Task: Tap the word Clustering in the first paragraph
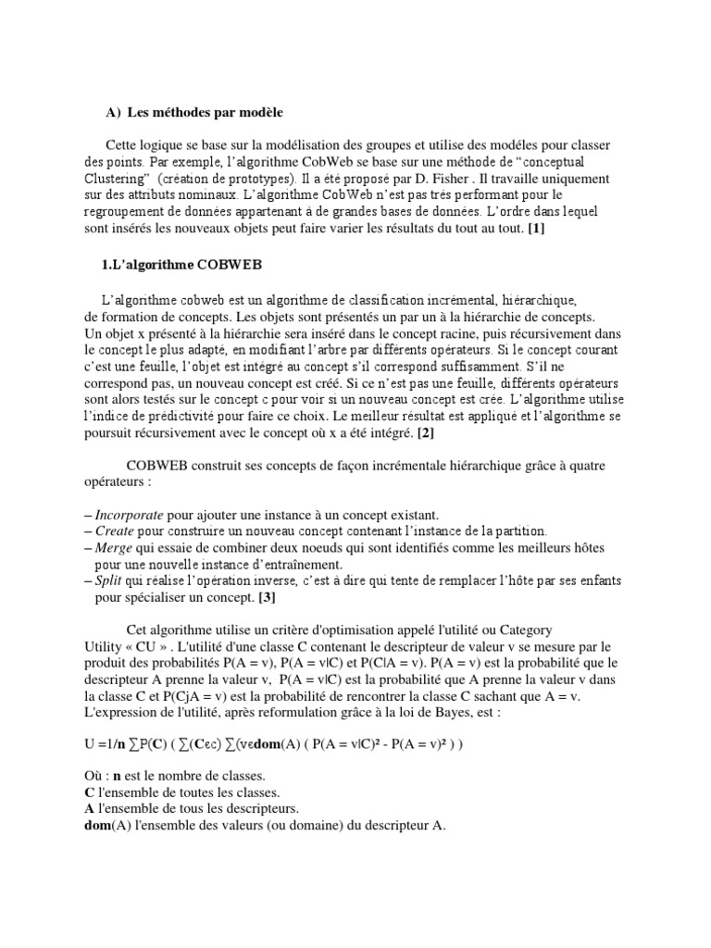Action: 114,178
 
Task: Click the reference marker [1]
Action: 536,229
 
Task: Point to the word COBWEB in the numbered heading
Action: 230,266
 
